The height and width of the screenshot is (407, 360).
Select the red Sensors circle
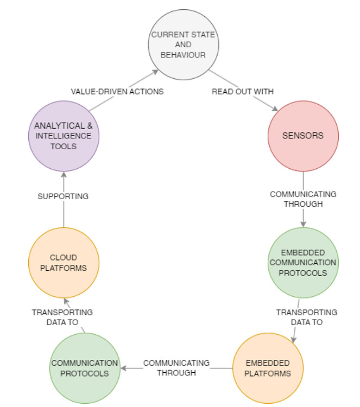[x=302, y=135]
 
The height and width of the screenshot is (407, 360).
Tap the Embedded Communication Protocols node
[x=302, y=263]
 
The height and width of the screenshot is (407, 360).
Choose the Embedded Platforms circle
[x=267, y=368]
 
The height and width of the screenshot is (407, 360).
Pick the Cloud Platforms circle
[x=64, y=262]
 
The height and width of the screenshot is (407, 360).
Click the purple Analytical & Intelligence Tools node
[x=64, y=136]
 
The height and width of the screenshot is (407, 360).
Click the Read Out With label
[x=243, y=92]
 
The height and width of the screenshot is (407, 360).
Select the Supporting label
[x=63, y=196]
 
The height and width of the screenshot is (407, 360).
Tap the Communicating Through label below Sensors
[x=302, y=199]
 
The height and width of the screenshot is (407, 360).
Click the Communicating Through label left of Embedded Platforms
[x=176, y=367]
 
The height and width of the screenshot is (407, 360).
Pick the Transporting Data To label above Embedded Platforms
[x=306, y=317]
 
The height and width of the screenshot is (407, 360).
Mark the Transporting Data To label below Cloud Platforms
[x=62, y=317]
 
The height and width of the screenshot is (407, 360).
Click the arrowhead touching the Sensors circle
[x=275, y=109]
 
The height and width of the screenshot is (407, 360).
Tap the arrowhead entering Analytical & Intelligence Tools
[x=64, y=174]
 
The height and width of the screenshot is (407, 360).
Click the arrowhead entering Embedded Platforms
[x=294, y=340]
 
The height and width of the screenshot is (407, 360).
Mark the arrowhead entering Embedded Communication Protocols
[x=302, y=224]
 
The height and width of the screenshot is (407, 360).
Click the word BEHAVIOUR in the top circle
[x=184, y=55]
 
